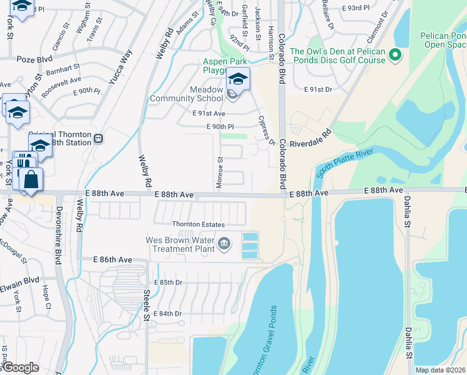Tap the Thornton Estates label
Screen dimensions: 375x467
(199, 224)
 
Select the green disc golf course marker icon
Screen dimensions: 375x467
(395, 56)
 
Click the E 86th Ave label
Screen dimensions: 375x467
(113, 259)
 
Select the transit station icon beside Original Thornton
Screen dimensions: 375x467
(99, 137)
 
